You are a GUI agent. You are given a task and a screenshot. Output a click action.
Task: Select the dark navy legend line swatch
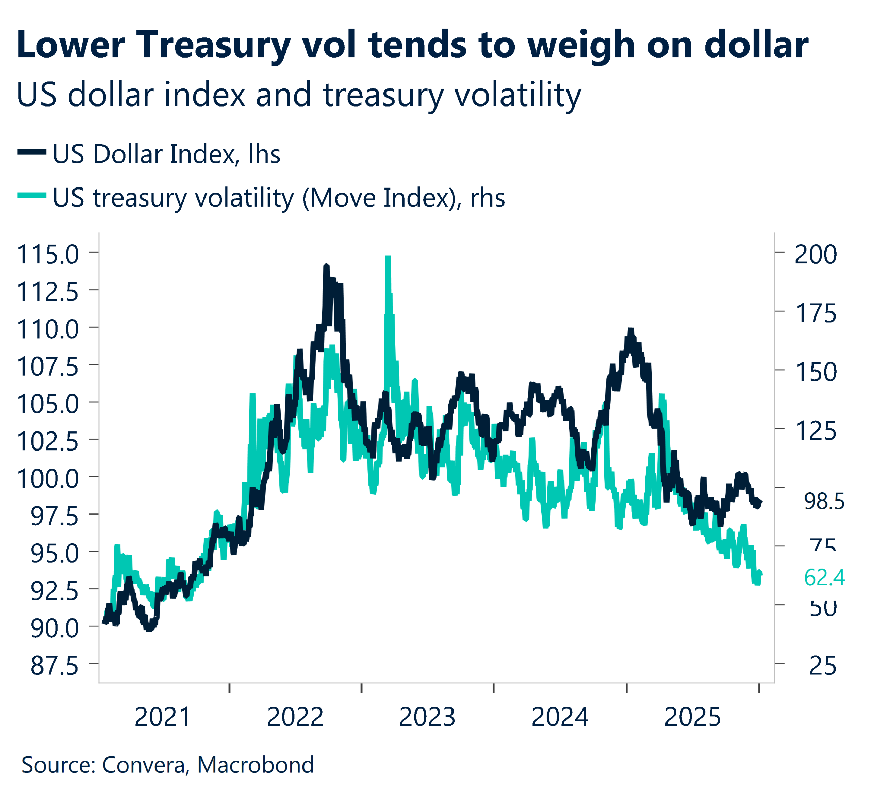(x=32, y=152)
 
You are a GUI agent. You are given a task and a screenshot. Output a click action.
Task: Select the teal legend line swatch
(x=32, y=196)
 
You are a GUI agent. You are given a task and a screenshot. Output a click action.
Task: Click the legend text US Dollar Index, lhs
(x=166, y=154)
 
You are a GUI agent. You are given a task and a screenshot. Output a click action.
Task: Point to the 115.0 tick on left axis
(x=48, y=255)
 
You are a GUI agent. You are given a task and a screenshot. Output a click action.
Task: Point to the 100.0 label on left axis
(x=48, y=479)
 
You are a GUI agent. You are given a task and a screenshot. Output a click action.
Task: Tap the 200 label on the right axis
(x=816, y=255)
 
